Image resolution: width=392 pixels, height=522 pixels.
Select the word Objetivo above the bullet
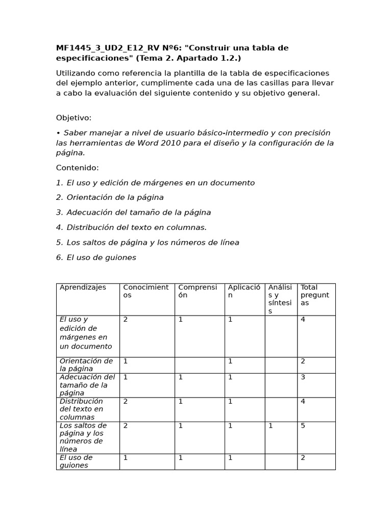coord(73,118)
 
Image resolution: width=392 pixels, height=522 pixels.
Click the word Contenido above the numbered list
coord(77,168)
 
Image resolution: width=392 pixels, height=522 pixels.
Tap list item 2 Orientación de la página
coord(110,197)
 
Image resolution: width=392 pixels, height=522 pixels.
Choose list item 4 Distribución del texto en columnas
coord(131,227)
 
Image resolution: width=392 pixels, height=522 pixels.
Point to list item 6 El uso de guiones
coord(96,257)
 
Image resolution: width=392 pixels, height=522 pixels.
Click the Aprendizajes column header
coord(83,288)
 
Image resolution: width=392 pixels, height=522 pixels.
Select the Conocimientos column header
coord(145,291)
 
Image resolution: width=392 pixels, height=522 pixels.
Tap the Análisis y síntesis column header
coord(280,299)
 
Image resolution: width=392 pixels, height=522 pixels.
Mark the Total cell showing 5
coord(303,426)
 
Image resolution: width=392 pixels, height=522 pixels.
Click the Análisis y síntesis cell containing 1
coord(271,426)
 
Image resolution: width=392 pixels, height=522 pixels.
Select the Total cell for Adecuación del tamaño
coord(303,377)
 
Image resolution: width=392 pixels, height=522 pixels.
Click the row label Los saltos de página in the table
coord(83,437)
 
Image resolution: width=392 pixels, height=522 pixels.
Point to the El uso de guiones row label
coord(76,461)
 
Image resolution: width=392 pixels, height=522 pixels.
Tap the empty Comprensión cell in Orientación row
coord(200,365)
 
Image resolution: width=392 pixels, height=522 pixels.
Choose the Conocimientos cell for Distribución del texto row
coord(126,402)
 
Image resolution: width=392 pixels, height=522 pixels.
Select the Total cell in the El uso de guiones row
coord(303,458)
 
